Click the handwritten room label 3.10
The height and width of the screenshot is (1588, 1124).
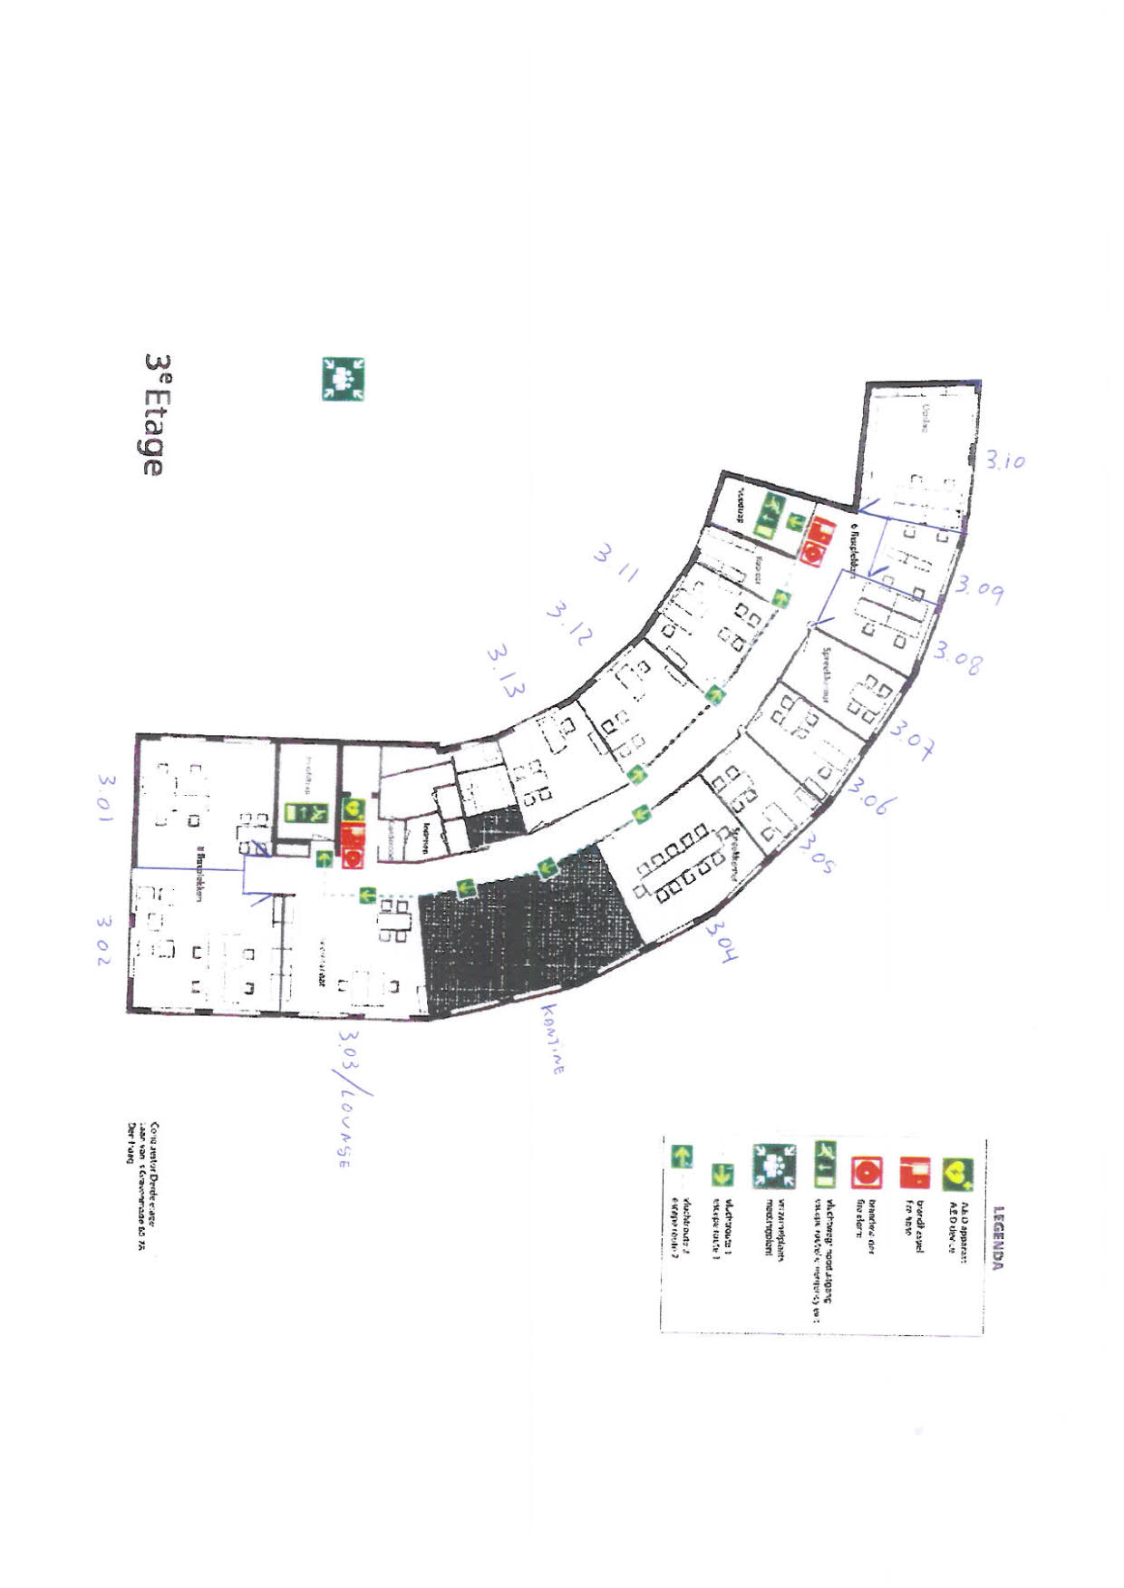click(x=1005, y=460)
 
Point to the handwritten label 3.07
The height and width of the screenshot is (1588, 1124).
click(x=914, y=739)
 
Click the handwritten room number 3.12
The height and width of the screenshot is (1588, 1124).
click(x=568, y=624)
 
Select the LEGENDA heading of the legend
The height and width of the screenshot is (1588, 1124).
click(x=998, y=1236)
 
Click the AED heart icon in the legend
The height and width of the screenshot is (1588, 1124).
click(x=955, y=1175)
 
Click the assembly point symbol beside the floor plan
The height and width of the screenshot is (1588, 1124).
click(x=344, y=379)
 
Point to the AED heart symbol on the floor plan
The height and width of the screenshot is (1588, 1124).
click(x=353, y=808)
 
